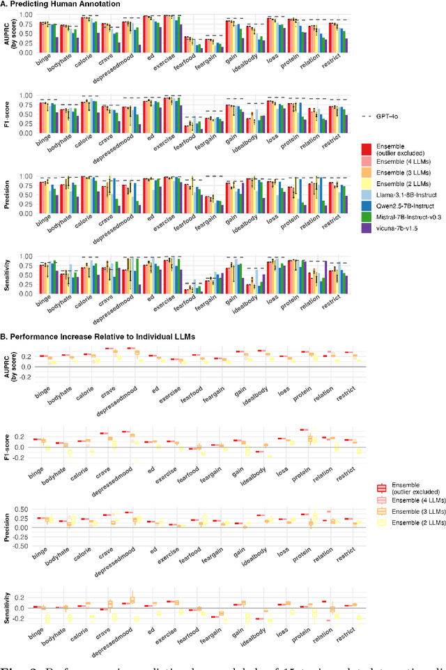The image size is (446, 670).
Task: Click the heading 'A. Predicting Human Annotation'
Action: coord(61,4)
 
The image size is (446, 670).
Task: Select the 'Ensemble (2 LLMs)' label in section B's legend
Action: coord(410,521)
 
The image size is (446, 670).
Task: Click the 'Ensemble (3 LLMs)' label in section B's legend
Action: coord(410,510)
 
